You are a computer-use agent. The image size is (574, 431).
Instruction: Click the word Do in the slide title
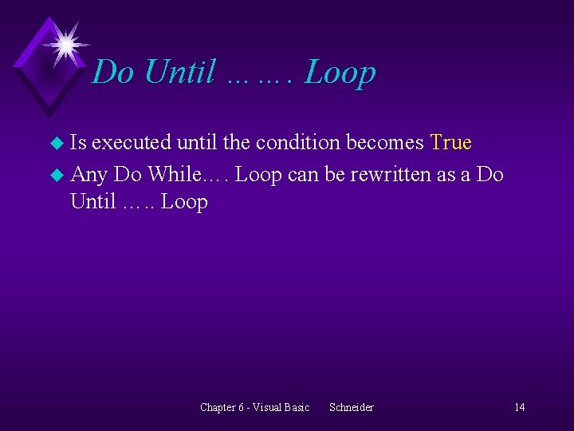click(112, 73)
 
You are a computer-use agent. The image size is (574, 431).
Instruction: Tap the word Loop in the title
click(340, 73)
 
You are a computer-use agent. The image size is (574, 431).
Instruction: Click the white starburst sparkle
click(65, 42)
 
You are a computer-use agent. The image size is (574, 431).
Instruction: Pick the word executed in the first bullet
click(132, 143)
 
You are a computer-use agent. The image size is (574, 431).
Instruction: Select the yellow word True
click(450, 143)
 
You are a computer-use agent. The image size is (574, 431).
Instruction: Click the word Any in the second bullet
click(88, 174)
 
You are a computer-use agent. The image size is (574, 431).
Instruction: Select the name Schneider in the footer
click(351, 408)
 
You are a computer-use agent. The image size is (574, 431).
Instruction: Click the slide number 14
click(519, 408)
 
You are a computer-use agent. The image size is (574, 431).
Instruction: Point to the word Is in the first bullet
click(79, 143)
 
